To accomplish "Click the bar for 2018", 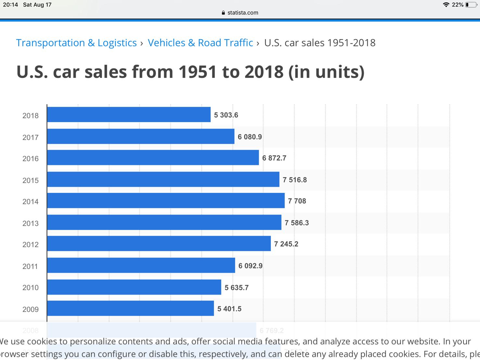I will (129, 115).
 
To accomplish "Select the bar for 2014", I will (166, 201).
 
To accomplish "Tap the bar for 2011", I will (141, 265).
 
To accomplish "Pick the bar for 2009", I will (130, 308).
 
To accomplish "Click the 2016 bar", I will (153, 158).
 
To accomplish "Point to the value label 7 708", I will (297, 201).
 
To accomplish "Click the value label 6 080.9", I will (250, 137).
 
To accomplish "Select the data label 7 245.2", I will (286, 244).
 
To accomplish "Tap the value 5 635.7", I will (236, 288).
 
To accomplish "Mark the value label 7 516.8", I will (295, 180).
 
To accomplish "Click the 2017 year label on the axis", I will (31, 137).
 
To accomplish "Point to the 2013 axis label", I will (31, 223).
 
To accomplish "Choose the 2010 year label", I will (31, 288).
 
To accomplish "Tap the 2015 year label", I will (31, 180).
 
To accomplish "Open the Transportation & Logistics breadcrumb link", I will (76, 43).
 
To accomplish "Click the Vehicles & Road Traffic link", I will (200, 43).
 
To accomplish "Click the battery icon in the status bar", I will (471, 5).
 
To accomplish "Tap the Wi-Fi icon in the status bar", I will (446, 5).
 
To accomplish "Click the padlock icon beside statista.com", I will (223, 13).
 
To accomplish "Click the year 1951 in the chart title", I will (197, 72).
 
